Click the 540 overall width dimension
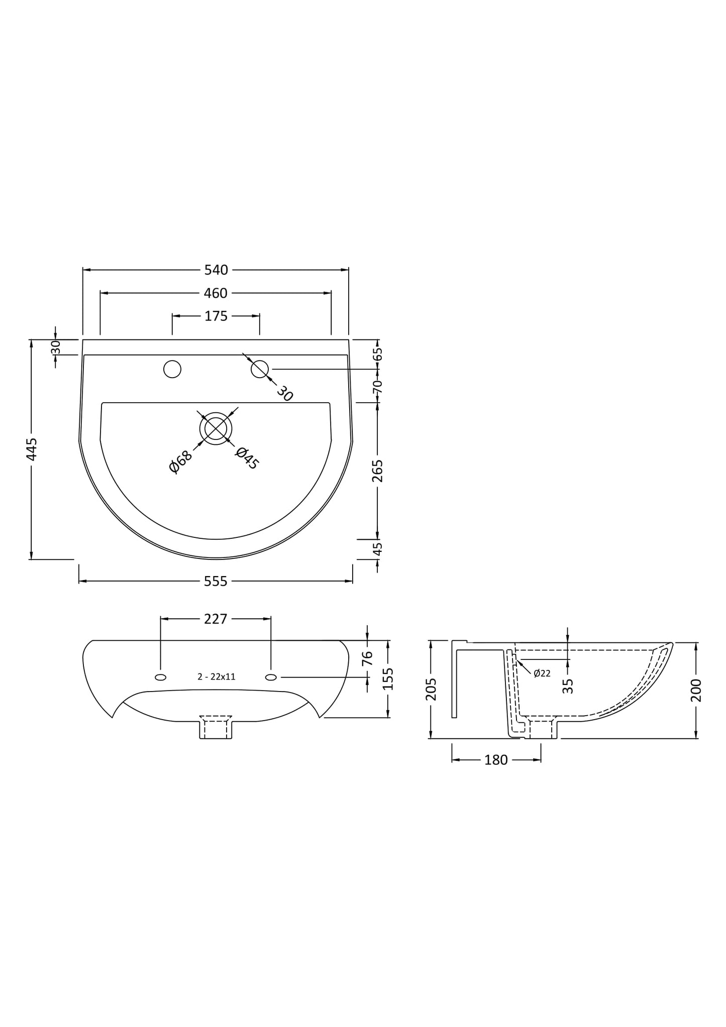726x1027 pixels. click(x=216, y=270)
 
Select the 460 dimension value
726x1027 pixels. click(x=216, y=293)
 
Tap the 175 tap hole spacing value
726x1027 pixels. click(x=216, y=316)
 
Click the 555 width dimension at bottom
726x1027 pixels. click(x=216, y=581)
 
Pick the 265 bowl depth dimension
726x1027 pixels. click(x=378, y=471)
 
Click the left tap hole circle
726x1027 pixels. click(x=172, y=369)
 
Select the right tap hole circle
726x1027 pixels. click(x=260, y=369)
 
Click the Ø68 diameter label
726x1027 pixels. click(x=181, y=462)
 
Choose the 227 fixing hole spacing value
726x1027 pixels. click(x=216, y=619)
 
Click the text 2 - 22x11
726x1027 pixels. click(x=217, y=677)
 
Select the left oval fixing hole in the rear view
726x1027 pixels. click(x=161, y=677)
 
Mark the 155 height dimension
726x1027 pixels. click(x=388, y=678)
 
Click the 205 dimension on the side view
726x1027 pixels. click(x=431, y=689)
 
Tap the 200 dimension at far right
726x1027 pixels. click(x=696, y=690)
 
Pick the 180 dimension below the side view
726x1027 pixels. click(x=496, y=760)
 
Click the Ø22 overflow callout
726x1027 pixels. click(x=542, y=674)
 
